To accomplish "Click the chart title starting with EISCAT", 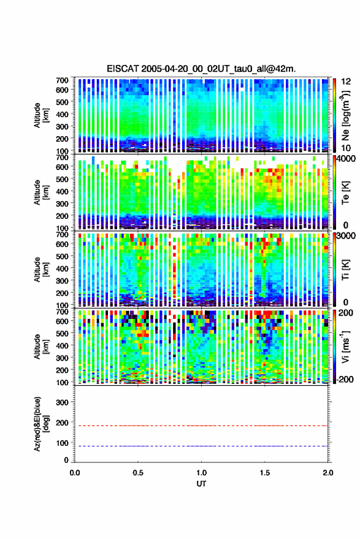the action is click(201, 69).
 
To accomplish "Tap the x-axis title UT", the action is click(201, 484).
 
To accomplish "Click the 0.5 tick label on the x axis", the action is click(138, 473).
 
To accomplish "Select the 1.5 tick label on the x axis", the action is click(265, 473).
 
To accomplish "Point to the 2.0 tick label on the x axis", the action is click(327, 473).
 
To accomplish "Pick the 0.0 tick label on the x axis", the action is click(75, 473).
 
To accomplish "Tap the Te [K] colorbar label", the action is click(345, 193).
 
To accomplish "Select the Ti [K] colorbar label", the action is click(345, 270).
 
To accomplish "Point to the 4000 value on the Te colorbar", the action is click(346, 159).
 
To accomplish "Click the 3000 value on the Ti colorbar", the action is click(346, 236).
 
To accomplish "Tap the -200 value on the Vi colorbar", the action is click(345, 380).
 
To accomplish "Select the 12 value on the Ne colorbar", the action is click(346, 82).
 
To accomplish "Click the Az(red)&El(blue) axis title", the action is click(41, 424).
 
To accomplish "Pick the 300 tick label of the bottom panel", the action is click(62, 402).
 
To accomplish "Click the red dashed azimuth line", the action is click(201, 426).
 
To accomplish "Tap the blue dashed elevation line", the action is click(201, 446).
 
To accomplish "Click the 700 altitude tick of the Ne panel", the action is click(62, 80).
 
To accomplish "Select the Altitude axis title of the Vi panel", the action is click(41, 346).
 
